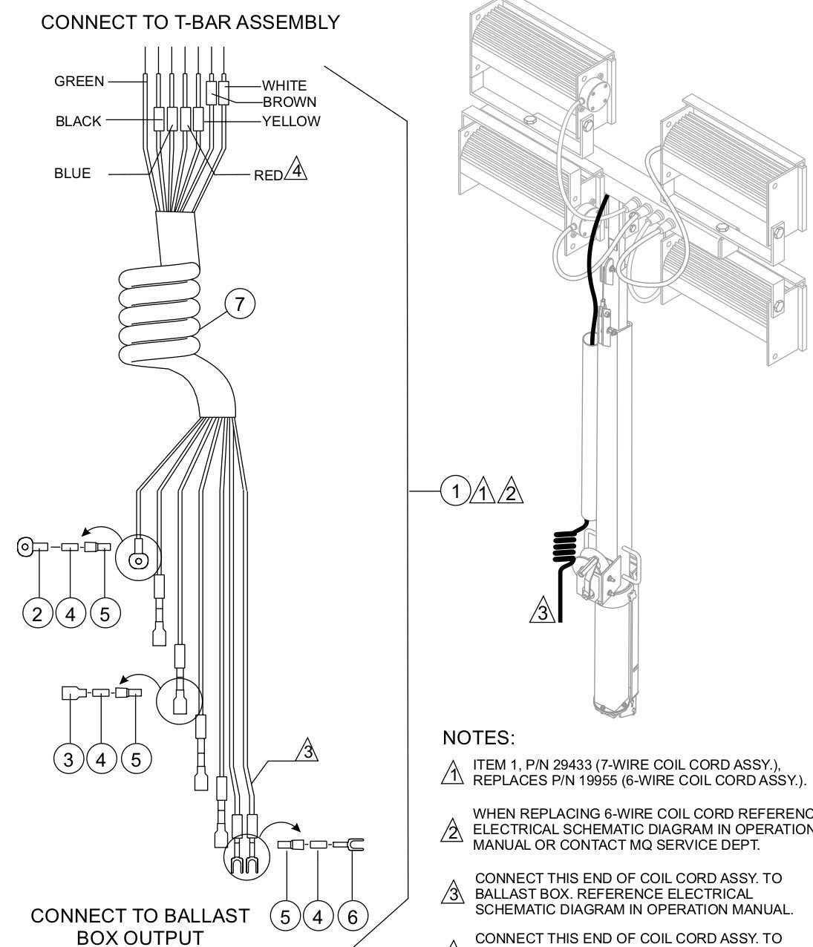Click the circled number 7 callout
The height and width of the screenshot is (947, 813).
tap(240, 304)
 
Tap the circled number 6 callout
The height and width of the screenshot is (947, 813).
tap(353, 917)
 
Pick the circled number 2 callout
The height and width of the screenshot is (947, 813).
tap(37, 615)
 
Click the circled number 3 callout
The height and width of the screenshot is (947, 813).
tap(69, 759)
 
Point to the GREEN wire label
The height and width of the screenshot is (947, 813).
tap(79, 82)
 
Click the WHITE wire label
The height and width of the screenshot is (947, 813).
tap(284, 86)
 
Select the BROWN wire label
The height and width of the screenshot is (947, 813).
tap(290, 102)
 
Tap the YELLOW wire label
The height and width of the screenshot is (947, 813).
tap(291, 121)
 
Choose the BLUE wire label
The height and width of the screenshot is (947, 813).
tap(72, 174)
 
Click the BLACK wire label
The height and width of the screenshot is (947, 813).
tap(78, 122)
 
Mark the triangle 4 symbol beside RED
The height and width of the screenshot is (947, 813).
tap(297, 170)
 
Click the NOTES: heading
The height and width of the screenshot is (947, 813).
tap(478, 738)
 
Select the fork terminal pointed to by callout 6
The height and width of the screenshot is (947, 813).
tap(356, 845)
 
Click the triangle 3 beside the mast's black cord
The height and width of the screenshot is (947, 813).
tap(543, 613)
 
